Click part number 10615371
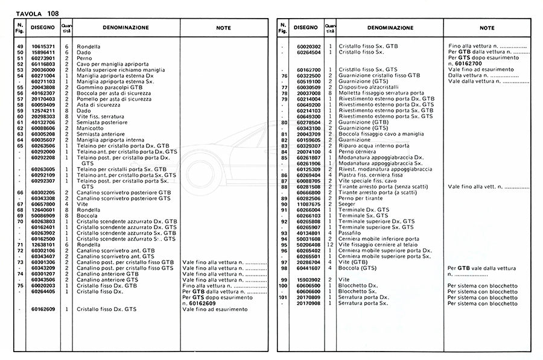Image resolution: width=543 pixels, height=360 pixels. click(43, 46)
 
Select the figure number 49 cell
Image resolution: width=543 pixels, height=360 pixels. click(19, 46)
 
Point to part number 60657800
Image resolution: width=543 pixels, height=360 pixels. click(43, 204)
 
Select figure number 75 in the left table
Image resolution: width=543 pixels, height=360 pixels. click(19, 286)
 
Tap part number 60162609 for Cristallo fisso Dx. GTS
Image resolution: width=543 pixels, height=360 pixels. click(43, 309)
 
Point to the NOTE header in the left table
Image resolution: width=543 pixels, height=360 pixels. click(223, 28)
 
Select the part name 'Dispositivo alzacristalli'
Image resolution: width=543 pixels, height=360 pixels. click(373, 87)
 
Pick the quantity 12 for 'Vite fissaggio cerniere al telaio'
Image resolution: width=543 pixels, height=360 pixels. click(331, 245)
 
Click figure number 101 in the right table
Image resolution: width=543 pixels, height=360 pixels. click(282, 297)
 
